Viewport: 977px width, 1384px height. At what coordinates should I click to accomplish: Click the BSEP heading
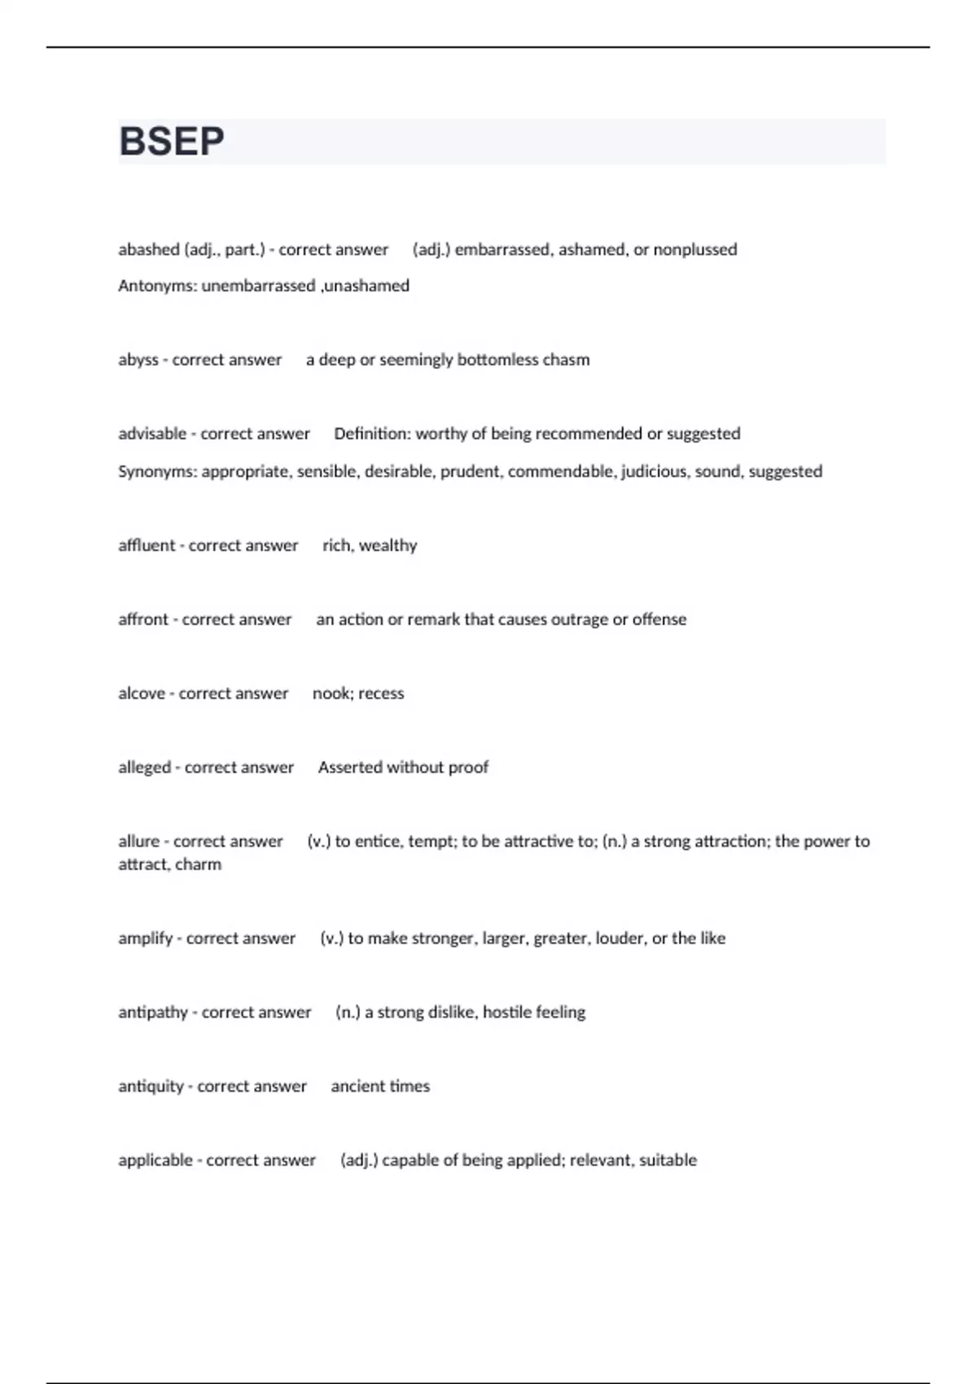172,142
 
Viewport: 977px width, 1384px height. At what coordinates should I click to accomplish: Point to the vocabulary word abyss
138,360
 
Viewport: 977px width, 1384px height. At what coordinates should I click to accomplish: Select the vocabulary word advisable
152,434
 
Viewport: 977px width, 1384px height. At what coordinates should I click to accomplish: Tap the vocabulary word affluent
147,545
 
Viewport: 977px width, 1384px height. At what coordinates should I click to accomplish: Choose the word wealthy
388,545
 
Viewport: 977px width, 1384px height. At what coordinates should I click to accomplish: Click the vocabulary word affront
143,620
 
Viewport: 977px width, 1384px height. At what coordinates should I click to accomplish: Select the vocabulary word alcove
142,694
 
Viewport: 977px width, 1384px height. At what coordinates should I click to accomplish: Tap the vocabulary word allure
139,842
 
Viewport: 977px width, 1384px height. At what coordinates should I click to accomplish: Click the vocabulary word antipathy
153,1013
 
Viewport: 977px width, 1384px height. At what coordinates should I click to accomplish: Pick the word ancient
356,1087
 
